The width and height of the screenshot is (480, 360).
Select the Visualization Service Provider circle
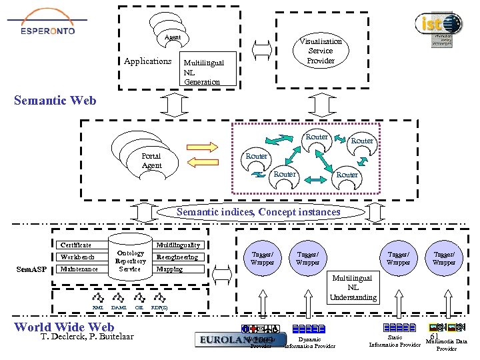320,51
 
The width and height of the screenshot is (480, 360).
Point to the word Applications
147,61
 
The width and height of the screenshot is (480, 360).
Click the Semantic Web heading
55,101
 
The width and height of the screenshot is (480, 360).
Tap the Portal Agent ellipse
152,161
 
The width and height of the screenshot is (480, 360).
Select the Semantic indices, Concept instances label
258,212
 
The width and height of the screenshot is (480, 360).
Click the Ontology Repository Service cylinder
130,260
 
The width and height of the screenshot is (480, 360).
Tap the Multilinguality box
177,245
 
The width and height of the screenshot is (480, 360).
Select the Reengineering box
177,257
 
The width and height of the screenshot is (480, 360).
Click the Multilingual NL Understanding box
353,287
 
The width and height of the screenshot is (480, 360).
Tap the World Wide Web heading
64,327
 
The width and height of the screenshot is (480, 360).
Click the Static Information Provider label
395,341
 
